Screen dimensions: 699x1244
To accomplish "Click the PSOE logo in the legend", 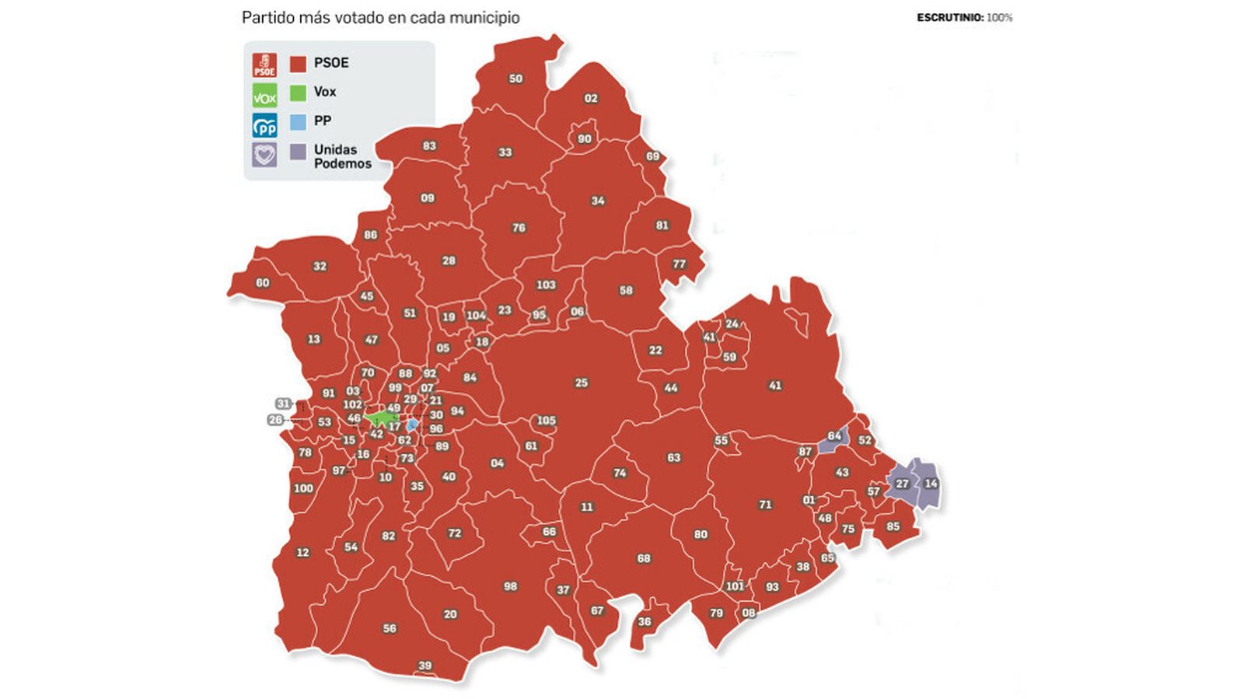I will pyautogui.click(x=264, y=65).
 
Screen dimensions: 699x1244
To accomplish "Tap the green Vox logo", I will pyautogui.click(x=264, y=95).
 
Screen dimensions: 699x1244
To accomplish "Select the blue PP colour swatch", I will pyautogui.click(x=298, y=122).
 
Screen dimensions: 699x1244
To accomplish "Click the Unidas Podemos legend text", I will pyautogui.click(x=342, y=156).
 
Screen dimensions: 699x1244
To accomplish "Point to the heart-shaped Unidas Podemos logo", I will pyautogui.click(x=264, y=154).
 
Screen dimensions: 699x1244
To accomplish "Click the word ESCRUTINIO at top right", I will pyautogui.click(x=949, y=17).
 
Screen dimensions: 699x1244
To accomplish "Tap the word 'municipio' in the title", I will pyautogui.click(x=487, y=17).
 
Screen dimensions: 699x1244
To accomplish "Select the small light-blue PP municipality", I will pyautogui.click(x=411, y=425).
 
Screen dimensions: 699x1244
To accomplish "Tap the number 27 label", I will pyautogui.click(x=902, y=484).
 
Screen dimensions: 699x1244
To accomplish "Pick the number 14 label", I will pyautogui.click(x=931, y=484).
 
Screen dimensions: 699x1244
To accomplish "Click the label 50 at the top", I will pyautogui.click(x=515, y=79).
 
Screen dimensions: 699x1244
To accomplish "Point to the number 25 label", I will pyautogui.click(x=582, y=383).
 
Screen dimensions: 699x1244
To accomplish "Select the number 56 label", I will pyautogui.click(x=390, y=628).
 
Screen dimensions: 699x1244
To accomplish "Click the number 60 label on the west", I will pyautogui.click(x=263, y=283).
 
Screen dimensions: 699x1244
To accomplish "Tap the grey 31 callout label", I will pyautogui.click(x=283, y=404).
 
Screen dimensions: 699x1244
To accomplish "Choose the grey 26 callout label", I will pyautogui.click(x=275, y=420).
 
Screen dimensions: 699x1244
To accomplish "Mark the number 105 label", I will pyautogui.click(x=546, y=421).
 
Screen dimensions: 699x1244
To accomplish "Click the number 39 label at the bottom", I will pyautogui.click(x=425, y=666).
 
